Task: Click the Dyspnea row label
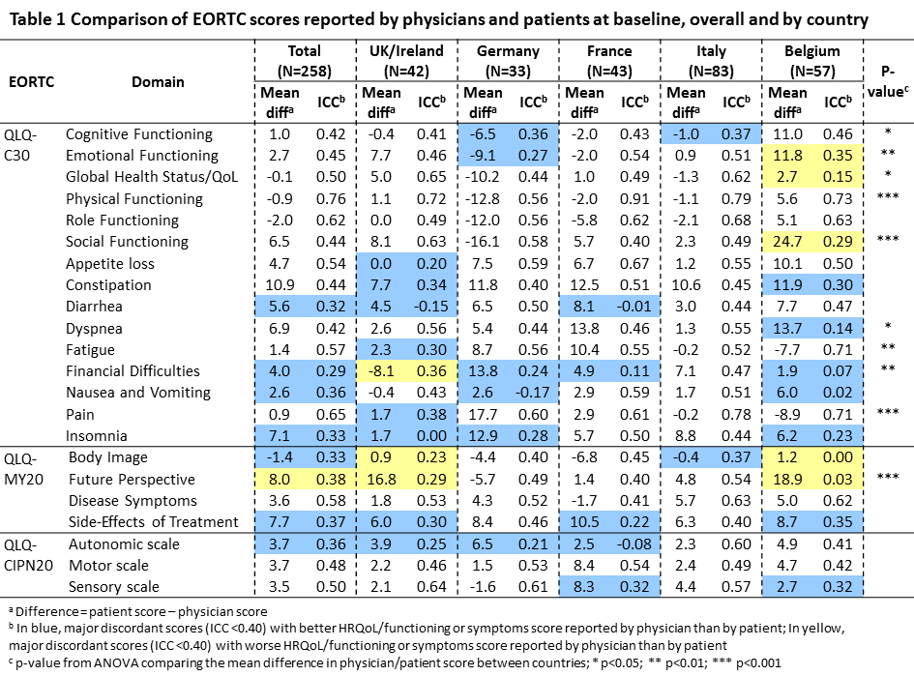click(94, 329)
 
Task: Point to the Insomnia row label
click(97, 435)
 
